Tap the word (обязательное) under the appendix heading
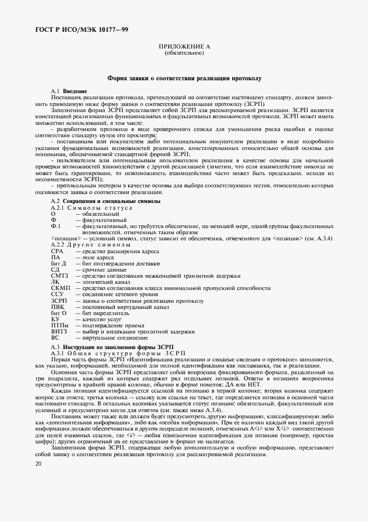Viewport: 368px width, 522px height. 184,54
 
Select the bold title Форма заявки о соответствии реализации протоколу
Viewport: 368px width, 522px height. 184,80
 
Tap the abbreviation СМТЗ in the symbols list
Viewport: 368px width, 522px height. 58,275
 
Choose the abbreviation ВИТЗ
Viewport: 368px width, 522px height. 58,331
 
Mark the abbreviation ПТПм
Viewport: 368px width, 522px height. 59,325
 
